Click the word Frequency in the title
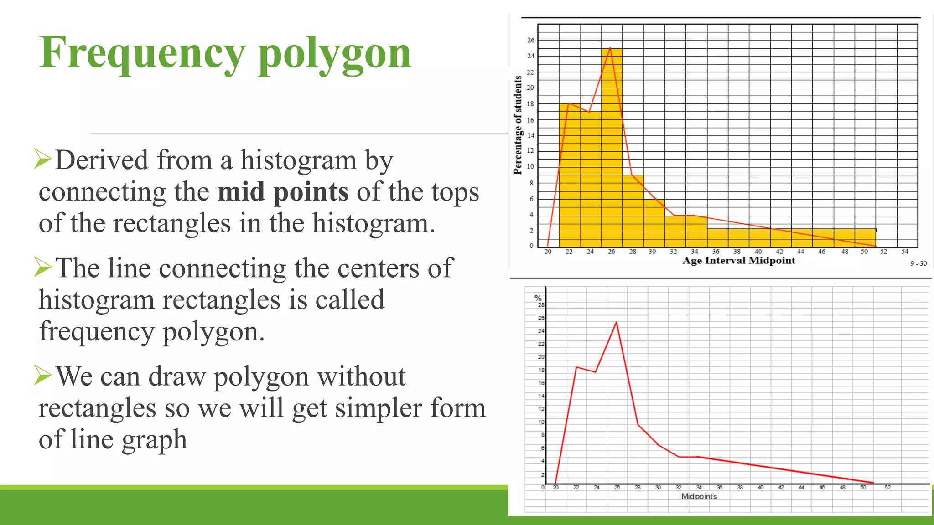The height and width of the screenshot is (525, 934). pos(142,54)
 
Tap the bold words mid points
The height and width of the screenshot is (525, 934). pos(283,192)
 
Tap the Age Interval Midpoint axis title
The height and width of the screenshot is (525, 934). pos(738,261)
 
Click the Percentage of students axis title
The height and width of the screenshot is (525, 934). pos(518,125)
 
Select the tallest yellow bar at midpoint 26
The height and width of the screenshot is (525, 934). pos(612,150)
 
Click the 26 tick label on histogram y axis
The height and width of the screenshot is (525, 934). pos(531,40)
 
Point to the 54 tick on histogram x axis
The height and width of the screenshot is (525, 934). pos(904,252)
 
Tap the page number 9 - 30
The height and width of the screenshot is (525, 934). pos(918,263)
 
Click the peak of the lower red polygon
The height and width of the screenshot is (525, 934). pos(617,323)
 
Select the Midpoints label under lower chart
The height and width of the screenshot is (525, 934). pos(699,496)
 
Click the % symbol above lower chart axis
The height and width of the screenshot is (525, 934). pos(538,298)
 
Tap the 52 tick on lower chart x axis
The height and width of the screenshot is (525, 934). pos(887,488)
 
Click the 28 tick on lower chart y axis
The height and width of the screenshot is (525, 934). pos(541,305)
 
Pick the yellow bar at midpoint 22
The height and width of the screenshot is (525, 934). pos(569,178)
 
